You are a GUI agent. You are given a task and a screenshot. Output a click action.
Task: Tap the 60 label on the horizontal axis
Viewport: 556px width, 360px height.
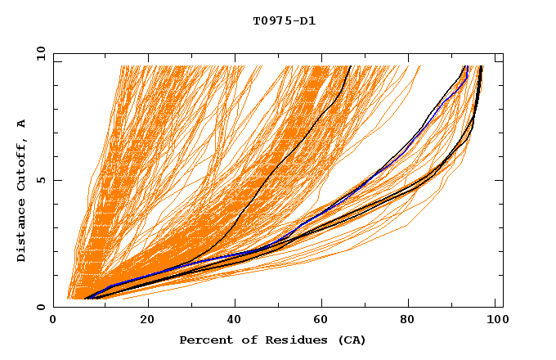coord(324,321)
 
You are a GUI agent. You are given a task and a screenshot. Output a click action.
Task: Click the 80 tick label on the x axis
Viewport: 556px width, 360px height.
coord(412,321)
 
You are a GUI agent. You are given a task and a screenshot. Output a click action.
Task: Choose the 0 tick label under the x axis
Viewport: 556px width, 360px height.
coord(54,321)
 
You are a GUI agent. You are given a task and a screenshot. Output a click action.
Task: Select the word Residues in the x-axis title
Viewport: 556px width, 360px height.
coord(284,340)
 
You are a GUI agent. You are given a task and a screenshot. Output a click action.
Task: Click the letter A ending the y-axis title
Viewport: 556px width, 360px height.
coord(21,123)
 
